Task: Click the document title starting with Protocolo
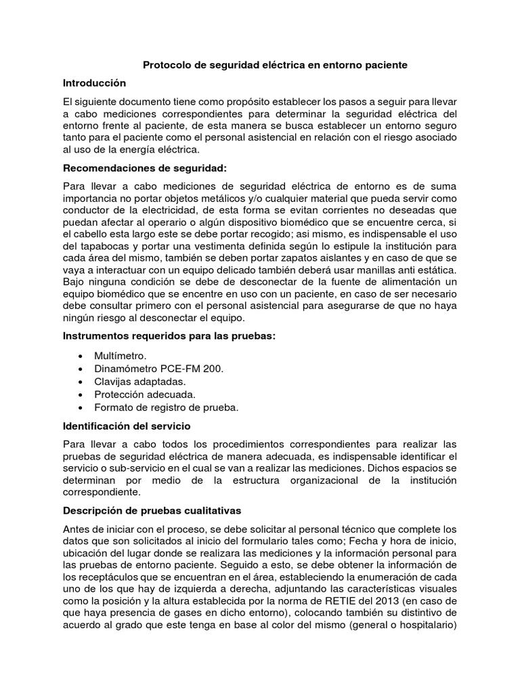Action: [x=274, y=66]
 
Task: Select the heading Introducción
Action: [x=95, y=83]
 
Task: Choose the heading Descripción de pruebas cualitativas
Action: [x=152, y=510]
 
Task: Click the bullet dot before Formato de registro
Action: [x=81, y=408]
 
